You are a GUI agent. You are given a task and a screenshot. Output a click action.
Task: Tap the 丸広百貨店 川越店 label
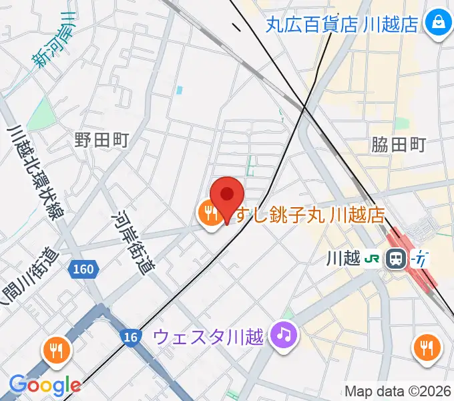pos(343,24)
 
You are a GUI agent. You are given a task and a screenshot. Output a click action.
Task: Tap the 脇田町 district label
pos(399,144)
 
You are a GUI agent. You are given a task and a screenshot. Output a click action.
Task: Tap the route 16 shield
pos(131,337)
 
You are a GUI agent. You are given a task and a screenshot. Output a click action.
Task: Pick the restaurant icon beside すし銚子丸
pos(210,215)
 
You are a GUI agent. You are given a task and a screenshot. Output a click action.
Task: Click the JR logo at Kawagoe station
pos(373,257)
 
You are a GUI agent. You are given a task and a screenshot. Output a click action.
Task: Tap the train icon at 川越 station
pos(397,257)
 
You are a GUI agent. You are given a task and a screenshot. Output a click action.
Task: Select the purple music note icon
pos(284,333)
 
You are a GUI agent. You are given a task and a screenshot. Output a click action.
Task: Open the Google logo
pos(45,384)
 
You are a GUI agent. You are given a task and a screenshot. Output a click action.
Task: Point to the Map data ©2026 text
pos(397,390)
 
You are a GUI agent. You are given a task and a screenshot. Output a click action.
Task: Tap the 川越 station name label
pos(347,257)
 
